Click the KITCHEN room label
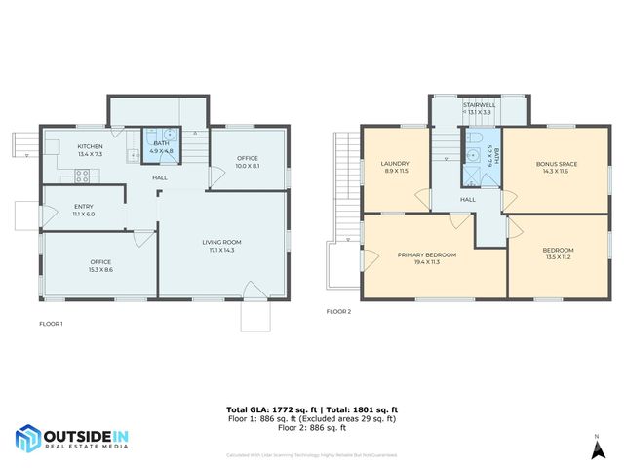click(x=90, y=146)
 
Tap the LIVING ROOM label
click(x=221, y=242)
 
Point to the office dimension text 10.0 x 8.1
click(x=247, y=166)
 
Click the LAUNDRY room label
click(x=396, y=164)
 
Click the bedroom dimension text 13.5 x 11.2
click(x=558, y=257)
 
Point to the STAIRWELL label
click(x=479, y=104)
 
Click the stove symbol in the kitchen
click(x=83, y=175)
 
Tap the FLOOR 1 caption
click(x=51, y=323)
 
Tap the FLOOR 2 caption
click(x=338, y=312)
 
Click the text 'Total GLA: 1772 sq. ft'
click(x=269, y=409)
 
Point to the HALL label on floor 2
click(x=468, y=199)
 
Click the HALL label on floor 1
click(x=158, y=178)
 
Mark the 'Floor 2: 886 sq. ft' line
click(x=311, y=428)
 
